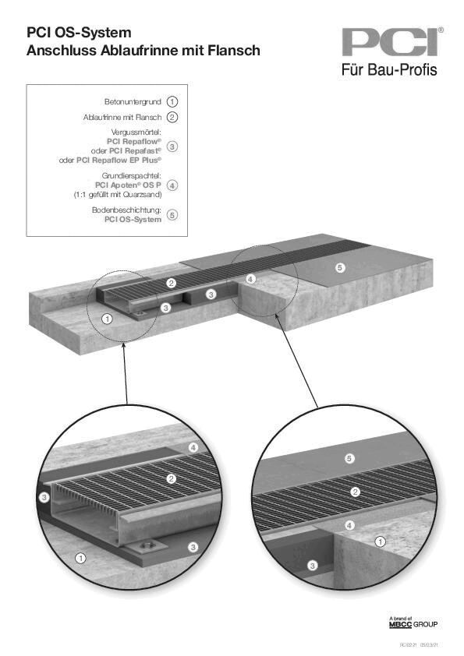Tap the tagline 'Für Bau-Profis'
(389, 70)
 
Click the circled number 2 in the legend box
(172, 117)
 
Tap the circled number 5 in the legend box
(172, 215)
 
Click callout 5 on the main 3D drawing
(339, 268)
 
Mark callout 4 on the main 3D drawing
(250, 278)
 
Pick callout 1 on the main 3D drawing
(108, 318)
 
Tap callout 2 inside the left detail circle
(171, 478)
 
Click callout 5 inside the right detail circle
(349, 457)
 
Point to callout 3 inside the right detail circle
(313, 564)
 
